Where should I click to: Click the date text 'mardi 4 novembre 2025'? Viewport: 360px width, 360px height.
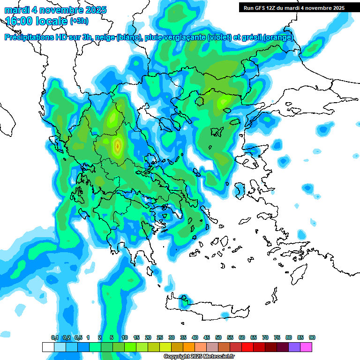[55, 10]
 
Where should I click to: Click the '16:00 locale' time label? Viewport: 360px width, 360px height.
[37, 21]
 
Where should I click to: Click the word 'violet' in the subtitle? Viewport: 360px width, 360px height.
[218, 37]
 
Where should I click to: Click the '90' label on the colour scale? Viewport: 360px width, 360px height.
[312, 337]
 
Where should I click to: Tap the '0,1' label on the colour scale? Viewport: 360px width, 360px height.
[55, 337]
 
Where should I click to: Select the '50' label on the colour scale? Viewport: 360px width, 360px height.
[218, 337]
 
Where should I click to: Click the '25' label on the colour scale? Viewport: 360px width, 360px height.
[160, 337]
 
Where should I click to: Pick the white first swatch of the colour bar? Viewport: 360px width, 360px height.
[48, 347]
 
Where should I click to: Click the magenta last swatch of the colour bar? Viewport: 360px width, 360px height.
[307, 347]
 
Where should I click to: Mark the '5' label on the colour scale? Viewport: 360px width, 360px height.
[112, 337]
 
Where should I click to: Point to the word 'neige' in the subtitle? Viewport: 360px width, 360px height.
[104, 37]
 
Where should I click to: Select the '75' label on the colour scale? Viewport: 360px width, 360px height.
[277, 337]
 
